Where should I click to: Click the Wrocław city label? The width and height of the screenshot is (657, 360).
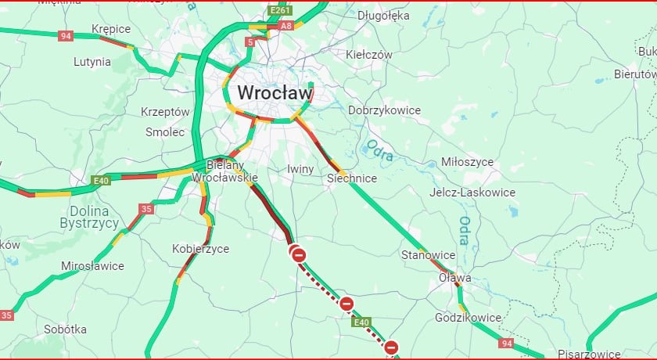click(x=275, y=92)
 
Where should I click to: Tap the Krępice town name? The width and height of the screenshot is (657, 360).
click(x=111, y=29)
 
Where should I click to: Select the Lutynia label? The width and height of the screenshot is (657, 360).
click(x=93, y=61)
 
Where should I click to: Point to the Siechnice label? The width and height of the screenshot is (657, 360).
click(x=351, y=178)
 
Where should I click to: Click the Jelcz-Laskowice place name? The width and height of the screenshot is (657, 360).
click(x=472, y=193)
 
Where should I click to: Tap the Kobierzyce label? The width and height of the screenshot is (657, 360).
click(x=200, y=249)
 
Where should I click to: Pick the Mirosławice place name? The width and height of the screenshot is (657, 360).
click(x=92, y=266)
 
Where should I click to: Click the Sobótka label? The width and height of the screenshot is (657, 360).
click(x=65, y=329)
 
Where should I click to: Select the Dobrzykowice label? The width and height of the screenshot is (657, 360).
click(x=384, y=110)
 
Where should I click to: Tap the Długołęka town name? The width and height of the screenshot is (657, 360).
click(x=383, y=15)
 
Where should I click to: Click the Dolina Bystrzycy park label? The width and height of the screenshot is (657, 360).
click(x=93, y=217)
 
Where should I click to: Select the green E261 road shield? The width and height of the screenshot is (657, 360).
click(x=279, y=10)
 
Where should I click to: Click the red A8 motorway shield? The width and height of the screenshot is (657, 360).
click(x=286, y=26)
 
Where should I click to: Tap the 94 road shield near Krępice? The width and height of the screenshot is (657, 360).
click(x=66, y=36)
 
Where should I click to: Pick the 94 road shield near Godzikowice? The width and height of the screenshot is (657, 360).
click(x=506, y=344)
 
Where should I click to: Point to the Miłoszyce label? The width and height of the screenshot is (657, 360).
click(x=468, y=161)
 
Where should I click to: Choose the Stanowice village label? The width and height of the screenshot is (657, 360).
click(x=428, y=255)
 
